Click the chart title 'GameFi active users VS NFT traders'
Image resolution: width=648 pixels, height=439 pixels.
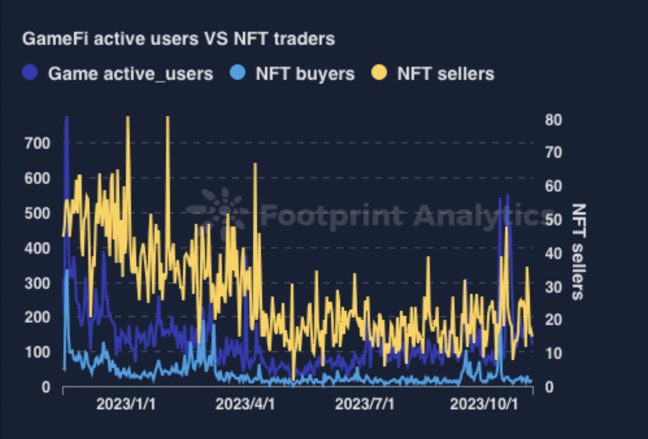click(x=178, y=39)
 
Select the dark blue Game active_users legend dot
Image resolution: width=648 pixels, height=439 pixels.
click(x=31, y=73)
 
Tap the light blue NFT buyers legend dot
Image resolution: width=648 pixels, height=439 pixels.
click(x=238, y=73)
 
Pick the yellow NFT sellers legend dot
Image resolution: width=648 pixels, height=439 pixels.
click(x=380, y=73)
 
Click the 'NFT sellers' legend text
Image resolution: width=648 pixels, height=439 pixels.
click(x=446, y=74)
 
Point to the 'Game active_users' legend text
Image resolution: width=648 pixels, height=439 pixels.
click(x=131, y=74)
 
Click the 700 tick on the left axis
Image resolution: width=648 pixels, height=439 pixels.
click(x=37, y=143)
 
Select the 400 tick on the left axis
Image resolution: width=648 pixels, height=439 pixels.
click(x=37, y=248)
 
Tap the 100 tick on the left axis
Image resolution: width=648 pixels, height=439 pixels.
click(x=37, y=352)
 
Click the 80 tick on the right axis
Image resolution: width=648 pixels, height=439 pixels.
click(x=554, y=121)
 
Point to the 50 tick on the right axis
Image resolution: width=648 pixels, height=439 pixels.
click(x=554, y=220)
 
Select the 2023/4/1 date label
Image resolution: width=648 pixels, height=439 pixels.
click(x=246, y=404)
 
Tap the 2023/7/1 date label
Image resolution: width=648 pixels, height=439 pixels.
click(x=365, y=404)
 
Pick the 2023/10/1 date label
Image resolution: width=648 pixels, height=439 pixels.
click(x=484, y=404)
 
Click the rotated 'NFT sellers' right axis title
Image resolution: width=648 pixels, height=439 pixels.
click(x=578, y=252)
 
